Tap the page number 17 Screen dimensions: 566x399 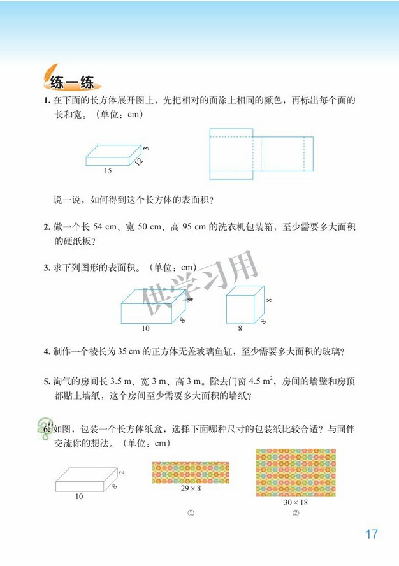point(372,534)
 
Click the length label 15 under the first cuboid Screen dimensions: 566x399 point(108,171)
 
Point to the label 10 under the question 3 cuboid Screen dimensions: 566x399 point(145,328)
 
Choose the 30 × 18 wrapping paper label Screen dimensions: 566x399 point(296,502)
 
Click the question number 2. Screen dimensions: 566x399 point(47,227)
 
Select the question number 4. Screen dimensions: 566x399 point(47,351)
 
